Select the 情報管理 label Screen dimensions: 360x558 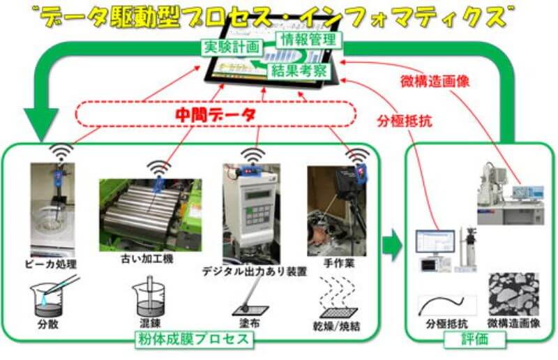(x=308, y=38)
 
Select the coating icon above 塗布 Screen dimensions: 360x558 (x=247, y=300)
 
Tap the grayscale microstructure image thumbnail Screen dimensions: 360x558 (x=513, y=294)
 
